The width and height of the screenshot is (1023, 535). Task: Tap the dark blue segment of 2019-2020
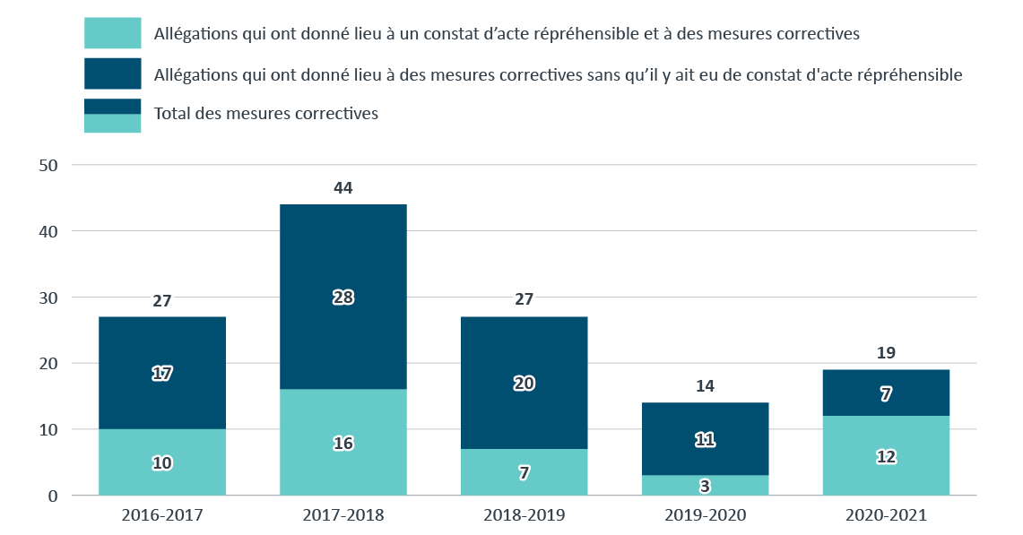pos(705,421)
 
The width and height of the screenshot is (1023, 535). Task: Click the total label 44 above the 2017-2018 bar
pos(343,188)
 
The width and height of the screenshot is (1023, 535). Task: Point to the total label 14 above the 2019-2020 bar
pos(705,386)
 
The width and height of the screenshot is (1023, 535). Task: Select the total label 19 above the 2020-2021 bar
pos(886,353)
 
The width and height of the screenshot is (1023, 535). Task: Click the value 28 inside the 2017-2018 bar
pos(343,298)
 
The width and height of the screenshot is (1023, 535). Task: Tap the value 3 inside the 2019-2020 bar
pos(705,486)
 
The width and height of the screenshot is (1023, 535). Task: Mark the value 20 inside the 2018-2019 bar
pos(525,383)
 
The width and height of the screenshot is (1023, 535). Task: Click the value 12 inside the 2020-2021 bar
pos(886,456)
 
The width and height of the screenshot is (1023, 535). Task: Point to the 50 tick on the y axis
pos(48,166)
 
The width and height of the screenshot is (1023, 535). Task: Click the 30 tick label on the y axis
pos(48,298)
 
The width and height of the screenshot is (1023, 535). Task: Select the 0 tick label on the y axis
pos(53,496)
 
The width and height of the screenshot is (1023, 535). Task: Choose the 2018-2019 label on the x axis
pos(525,516)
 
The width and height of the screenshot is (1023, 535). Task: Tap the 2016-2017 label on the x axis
pos(162,516)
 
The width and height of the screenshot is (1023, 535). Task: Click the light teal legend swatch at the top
pos(113,33)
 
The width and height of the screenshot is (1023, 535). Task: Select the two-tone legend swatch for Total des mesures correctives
pos(113,116)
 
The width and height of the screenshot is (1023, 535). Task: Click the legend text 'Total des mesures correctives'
pos(266,114)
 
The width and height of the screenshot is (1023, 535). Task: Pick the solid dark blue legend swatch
pos(113,73)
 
